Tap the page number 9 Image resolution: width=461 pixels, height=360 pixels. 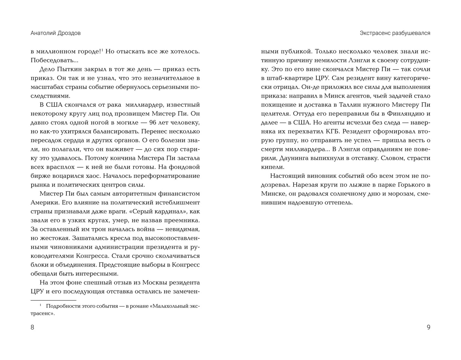pyautogui.click(x=428, y=327)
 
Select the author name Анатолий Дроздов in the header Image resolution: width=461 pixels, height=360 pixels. pyautogui.click(x=56, y=33)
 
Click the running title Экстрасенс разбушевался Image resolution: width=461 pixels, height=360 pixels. pyautogui.click(x=395, y=33)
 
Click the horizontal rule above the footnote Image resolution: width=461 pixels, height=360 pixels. pyautogui.click(x=53, y=300)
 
